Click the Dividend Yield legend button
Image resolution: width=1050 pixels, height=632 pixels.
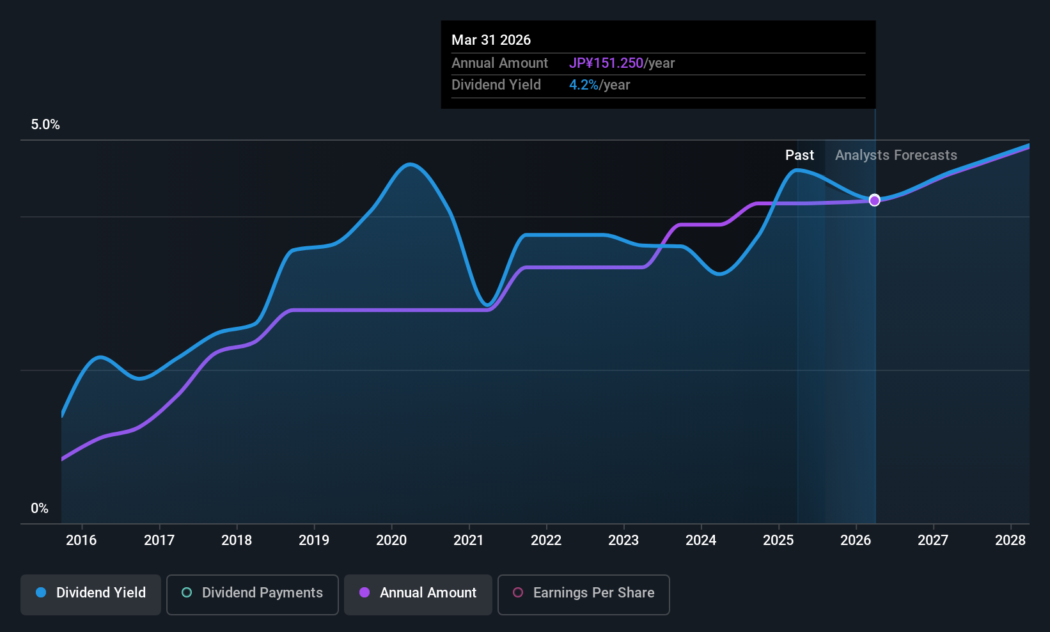(91, 593)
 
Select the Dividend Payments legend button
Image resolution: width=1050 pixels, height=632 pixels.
(252, 593)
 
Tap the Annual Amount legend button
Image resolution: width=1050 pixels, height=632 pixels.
(418, 593)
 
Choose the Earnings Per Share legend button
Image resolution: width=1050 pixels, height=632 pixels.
(583, 593)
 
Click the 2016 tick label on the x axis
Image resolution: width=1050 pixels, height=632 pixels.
(81, 541)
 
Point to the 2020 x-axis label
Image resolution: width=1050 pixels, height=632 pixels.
(391, 541)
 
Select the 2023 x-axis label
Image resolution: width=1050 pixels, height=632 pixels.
(623, 541)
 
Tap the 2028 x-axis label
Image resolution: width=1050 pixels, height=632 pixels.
(1010, 541)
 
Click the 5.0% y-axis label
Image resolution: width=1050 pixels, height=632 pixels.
(45, 125)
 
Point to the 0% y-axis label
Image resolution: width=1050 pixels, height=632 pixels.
(40, 509)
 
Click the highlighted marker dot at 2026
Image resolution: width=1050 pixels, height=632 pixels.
(874, 200)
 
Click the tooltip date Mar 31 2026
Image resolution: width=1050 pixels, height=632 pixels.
(491, 40)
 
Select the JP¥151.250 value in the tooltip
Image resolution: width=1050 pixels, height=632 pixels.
(606, 63)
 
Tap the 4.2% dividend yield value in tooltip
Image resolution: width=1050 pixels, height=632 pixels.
(583, 85)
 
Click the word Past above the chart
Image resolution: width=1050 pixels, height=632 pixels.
(799, 155)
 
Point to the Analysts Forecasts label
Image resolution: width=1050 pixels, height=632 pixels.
(896, 155)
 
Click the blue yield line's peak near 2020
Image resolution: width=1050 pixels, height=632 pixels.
(410, 164)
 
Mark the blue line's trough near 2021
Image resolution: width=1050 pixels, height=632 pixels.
(488, 304)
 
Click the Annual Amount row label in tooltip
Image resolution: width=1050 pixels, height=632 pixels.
(499, 63)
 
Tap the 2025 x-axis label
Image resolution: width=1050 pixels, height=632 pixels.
(778, 541)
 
